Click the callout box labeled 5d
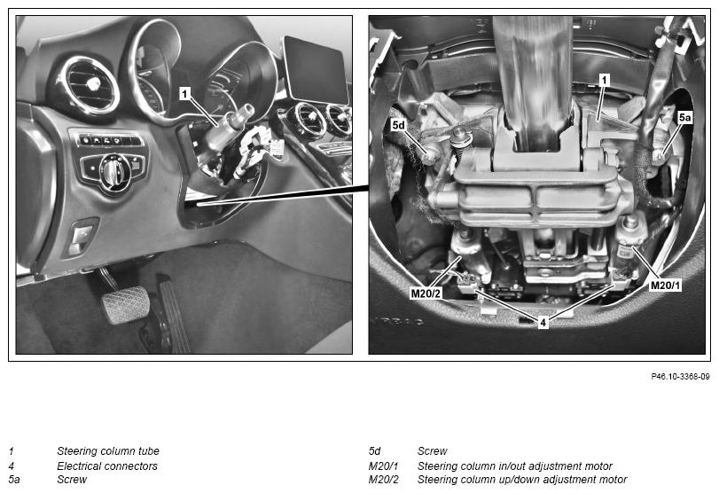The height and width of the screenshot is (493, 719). (399, 125)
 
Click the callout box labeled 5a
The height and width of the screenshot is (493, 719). (684, 117)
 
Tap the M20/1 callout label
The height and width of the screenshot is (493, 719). (665, 286)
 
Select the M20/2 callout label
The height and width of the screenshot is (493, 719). (426, 293)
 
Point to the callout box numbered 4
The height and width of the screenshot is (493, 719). (543, 323)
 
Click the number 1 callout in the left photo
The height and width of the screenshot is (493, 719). (184, 94)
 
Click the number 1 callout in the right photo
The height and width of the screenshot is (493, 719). (605, 81)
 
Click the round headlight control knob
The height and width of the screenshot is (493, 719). (112, 170)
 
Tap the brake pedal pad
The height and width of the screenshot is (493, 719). (126, 304)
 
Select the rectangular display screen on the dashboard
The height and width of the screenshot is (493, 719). (317, 70)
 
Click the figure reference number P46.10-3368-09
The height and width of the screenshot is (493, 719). (680, 377)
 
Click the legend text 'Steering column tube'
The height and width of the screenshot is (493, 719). (108, 450)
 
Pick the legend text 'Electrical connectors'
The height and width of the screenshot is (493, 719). (107, 466)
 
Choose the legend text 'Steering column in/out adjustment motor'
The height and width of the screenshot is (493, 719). (515, 466)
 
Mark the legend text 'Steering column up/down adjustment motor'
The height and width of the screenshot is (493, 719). (522, 480)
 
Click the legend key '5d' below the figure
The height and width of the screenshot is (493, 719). (375, 450)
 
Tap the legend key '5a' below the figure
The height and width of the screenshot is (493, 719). (14, 480)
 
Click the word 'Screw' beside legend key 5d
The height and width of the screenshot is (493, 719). (432, 450)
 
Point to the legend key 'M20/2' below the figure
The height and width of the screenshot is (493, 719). (384, 480)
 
